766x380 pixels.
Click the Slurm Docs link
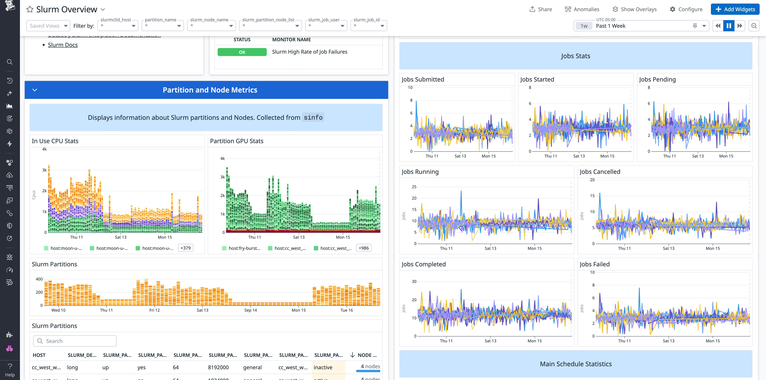click(63, 45)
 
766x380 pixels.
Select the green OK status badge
click(242, 52)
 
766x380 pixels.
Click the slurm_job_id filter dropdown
click(368, 26)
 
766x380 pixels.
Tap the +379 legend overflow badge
click(186, 248)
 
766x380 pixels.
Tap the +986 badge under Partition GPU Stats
click(363, 248)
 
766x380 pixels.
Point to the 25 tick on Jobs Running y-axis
click(414, 187)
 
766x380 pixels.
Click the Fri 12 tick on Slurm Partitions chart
click(154, 310)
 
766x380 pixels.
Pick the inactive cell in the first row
click(323, 367)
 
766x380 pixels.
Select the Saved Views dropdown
click(48, 26)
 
